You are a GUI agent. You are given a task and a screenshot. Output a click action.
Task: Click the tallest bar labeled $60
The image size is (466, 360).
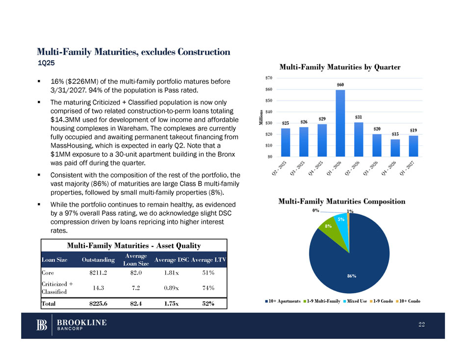point(340,123)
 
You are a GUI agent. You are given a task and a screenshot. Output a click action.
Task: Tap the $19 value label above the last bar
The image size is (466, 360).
point(414,130)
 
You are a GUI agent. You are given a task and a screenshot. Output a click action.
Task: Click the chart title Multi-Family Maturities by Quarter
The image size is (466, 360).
point(340,67)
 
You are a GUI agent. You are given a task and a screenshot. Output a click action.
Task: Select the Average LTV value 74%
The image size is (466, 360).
point(208,287)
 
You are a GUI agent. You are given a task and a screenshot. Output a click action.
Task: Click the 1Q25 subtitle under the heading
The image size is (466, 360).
point(47,63)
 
